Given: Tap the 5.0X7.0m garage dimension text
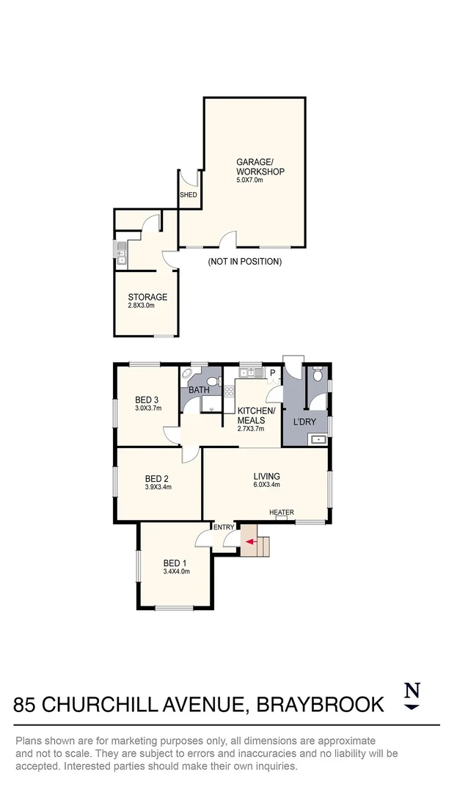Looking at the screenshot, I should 249,180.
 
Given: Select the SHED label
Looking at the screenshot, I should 189,195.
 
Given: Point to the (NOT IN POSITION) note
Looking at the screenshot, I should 244,262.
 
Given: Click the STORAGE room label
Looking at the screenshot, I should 147,297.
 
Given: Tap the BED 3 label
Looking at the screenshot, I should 147,400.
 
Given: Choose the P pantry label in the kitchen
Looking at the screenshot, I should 272,373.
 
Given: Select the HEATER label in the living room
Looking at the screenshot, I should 281,512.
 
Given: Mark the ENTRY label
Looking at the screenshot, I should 224,527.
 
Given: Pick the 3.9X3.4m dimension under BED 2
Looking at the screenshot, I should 158,487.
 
